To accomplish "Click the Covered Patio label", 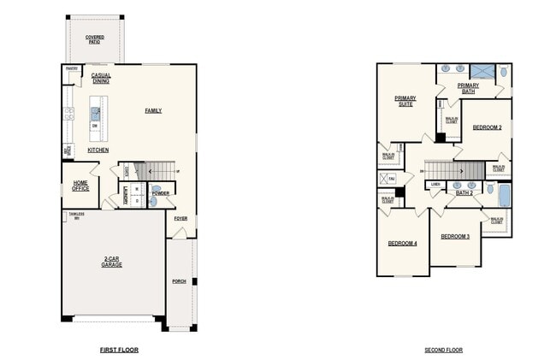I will coord(95,39).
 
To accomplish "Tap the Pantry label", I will coord(72,69).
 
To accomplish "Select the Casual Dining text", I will coord(101,78).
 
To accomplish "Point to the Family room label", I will coord(153,110).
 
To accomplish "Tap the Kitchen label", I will coord(98,150).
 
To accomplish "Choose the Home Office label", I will coord(80,185).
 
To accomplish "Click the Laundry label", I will coord(125,197).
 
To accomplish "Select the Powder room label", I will coord(160,193).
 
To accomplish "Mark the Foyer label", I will coord(180,218).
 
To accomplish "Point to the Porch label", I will coord(179,280).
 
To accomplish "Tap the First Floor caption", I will coord(119,350).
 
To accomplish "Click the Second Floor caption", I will coord(444,350).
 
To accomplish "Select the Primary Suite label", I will coord(405,101).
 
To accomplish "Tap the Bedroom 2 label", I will coord(488,127).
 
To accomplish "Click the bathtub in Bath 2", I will coord(504,196).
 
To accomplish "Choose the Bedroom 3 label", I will coord(455,236).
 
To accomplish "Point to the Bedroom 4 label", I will coord(402,243).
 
